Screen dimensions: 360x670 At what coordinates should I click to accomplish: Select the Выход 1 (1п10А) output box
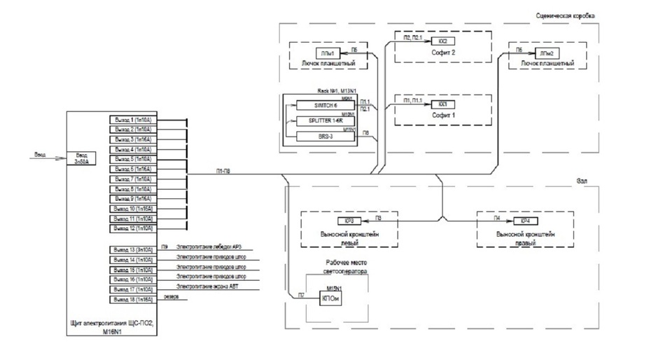click(x=131, y=120)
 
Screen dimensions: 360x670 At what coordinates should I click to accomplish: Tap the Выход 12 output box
click(x=131, y=228)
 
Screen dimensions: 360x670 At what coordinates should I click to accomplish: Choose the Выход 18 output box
click(x=131, y=299)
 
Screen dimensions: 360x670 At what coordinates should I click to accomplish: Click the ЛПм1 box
click(x=328, y=53)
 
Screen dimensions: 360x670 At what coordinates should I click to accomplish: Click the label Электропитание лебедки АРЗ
click(x=209, y=248)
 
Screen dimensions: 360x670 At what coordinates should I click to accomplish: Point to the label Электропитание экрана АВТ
click(x=208, y=288)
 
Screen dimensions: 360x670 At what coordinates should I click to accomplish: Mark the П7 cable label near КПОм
click(x=301, y=295)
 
